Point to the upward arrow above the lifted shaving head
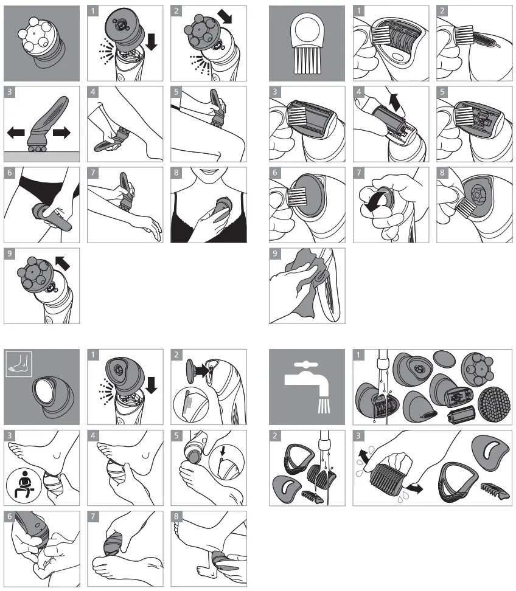point(396,100)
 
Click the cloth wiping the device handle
point(299,277)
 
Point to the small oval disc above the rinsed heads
point(443,360)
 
